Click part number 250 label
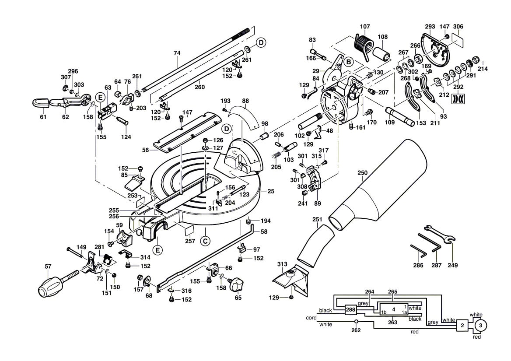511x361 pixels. (362, 173)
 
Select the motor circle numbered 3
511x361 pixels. (480, 326)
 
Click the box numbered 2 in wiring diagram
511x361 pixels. (462, 326)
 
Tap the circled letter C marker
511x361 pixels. (204, 241)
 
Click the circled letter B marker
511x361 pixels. (348, 62)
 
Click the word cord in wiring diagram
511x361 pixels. (311, 318)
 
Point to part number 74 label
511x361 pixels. (177, 53)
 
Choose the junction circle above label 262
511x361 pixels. (356, 321)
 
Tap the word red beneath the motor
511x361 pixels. (477, 337)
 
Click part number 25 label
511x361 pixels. (270, 191)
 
